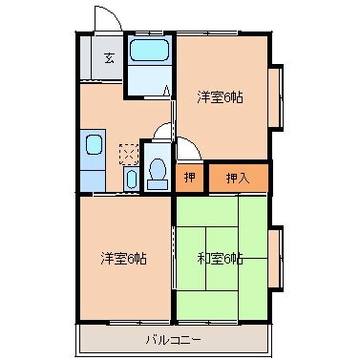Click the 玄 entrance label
[x=109, y=58]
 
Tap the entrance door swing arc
[x=106, y=21]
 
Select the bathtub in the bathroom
[x=148, y=53]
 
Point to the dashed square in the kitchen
[x=127, y=151]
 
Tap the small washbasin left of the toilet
[x=130, y=179]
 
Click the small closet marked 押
[x=190, y=177]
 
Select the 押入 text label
[x=236, y=177]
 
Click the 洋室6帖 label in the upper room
[x=219, y=96]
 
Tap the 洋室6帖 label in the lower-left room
[x=124, y=258]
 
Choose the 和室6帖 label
[x=220, y=258]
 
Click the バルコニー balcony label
[x=173, y=338]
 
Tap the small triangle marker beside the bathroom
[x=166, y=91]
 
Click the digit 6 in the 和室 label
[x=229, y=258]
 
